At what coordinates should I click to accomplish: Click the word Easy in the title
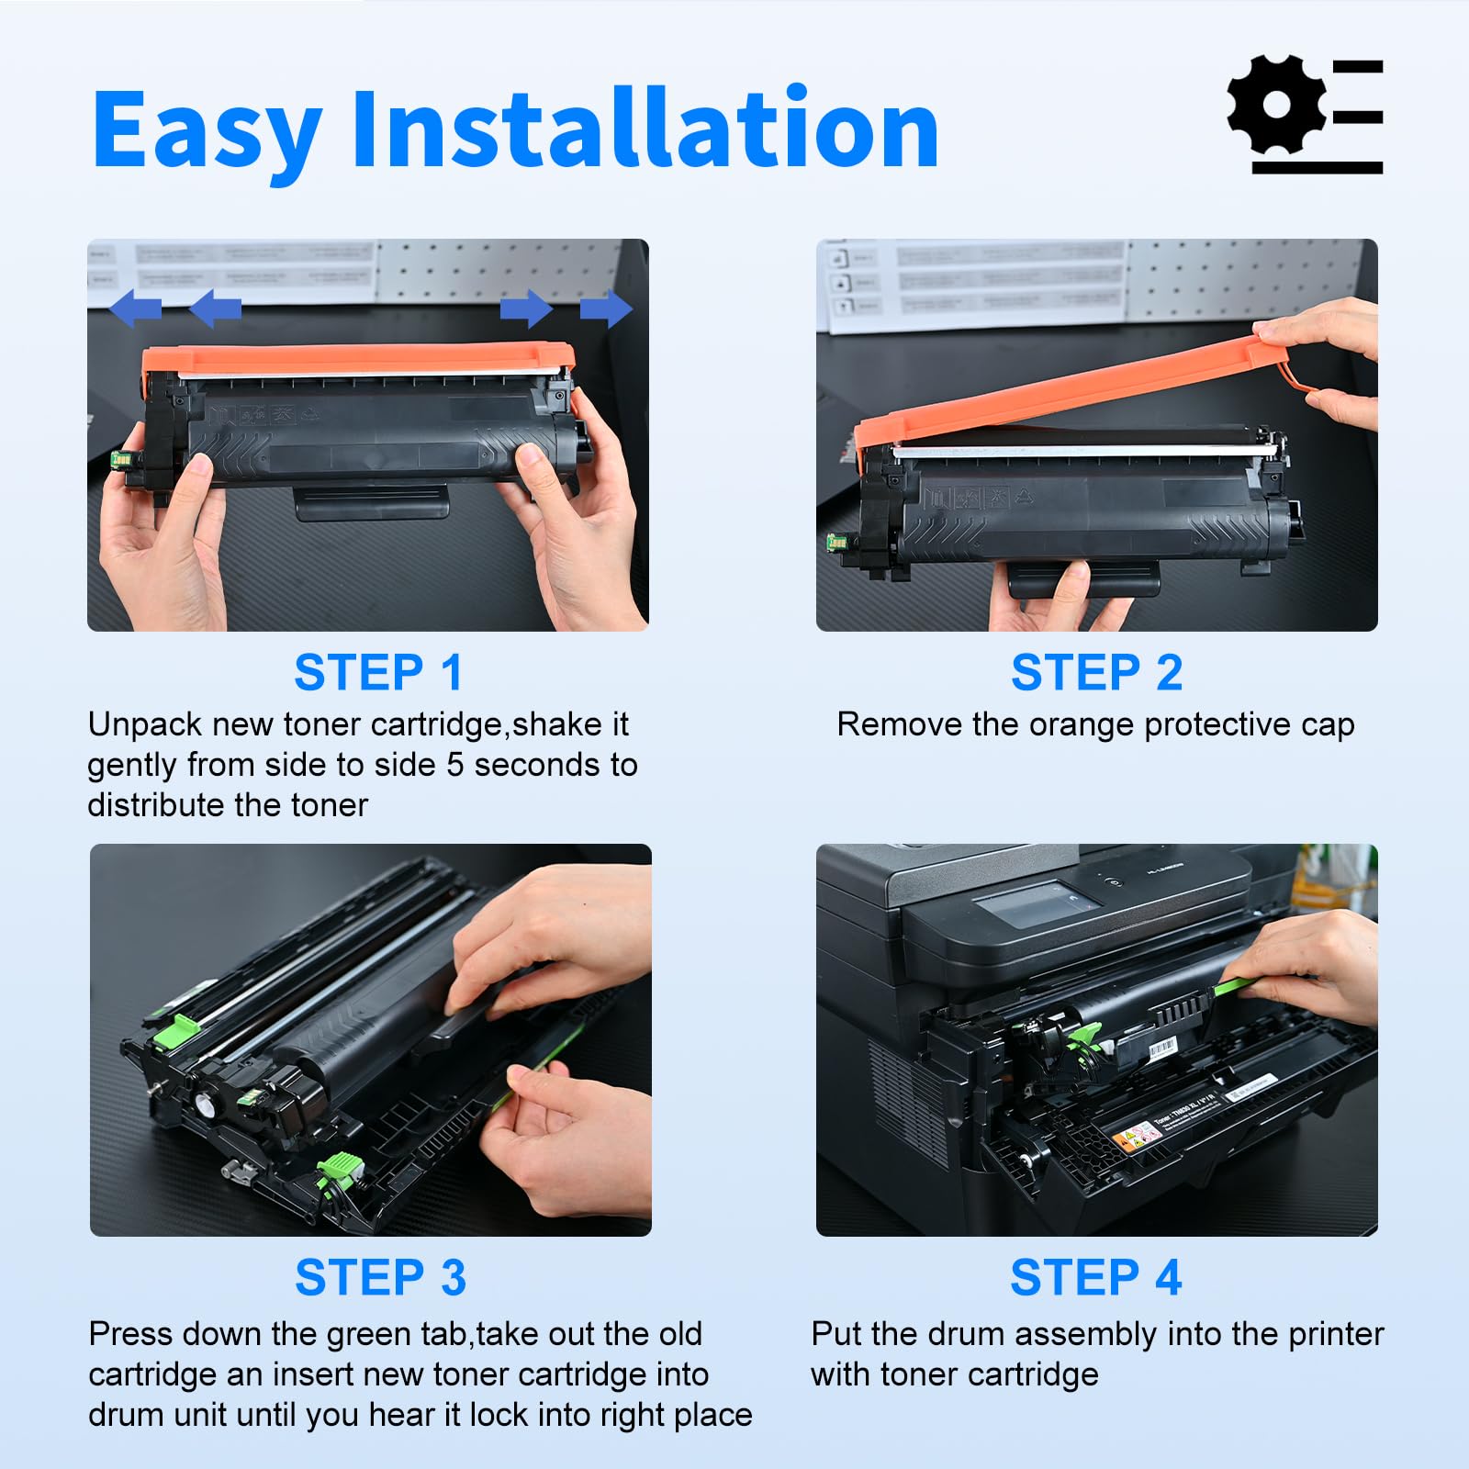click(x=207, y=130)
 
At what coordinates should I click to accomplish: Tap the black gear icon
click(x=1276, y=104)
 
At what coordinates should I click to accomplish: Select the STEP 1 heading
click(x=378, y=673)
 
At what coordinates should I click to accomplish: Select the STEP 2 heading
click(x=1096, y=673)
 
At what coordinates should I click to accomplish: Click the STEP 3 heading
click(x=380, y=1277)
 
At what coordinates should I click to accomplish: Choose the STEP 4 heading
click(x=1095, y=1277)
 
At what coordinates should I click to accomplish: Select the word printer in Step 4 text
click(x=1335, y=1334)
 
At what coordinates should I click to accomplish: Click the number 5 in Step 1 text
click(x=455, y=765)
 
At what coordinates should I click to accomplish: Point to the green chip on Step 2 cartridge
click(x=836, y=542)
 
